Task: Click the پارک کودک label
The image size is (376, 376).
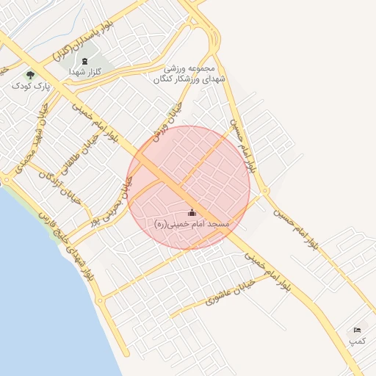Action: pos(29,86)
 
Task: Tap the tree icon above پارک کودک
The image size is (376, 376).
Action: pos(30,74)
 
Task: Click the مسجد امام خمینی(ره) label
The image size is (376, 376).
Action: pos(192,223)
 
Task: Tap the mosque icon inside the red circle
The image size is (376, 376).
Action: pos(192,212)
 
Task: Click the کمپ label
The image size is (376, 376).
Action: pos(357,341)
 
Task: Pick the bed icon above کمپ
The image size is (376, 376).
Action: pos(357,330)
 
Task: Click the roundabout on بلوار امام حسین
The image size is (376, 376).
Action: pos(264,192)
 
